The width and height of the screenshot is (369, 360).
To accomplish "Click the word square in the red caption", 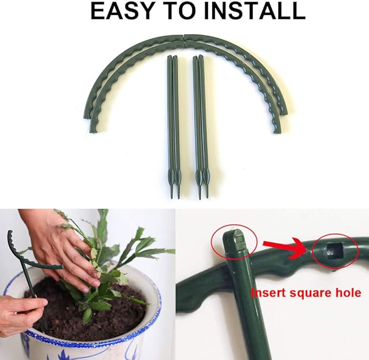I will pyautogui.click(x=311, y=293).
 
